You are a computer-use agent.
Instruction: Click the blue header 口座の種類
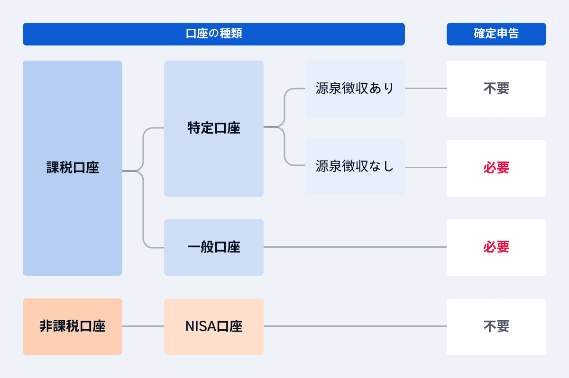213,34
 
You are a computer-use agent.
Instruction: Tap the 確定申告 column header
496,34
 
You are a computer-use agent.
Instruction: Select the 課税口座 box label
73,168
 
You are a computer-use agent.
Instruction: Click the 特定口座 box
213,128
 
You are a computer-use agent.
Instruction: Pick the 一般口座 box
213,247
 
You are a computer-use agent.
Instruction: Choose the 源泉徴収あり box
355,89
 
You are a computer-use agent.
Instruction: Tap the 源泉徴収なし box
355,167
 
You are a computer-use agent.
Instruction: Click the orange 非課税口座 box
73,326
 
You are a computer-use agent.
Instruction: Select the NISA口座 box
213,326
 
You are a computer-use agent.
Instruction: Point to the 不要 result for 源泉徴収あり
496,89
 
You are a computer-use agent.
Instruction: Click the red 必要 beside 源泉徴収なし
496,168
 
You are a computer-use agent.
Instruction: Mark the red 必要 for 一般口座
496,247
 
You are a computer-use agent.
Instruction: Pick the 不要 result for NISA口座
496,326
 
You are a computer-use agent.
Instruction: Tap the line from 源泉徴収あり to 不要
425,89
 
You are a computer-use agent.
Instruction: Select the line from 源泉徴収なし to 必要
425,167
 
